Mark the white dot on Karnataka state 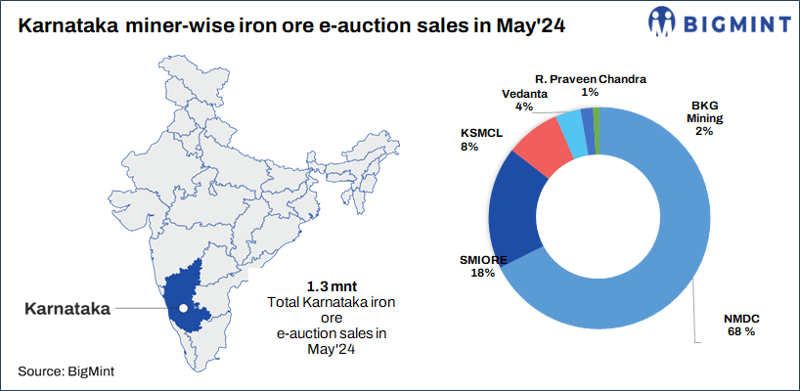[x=182, y=310]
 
